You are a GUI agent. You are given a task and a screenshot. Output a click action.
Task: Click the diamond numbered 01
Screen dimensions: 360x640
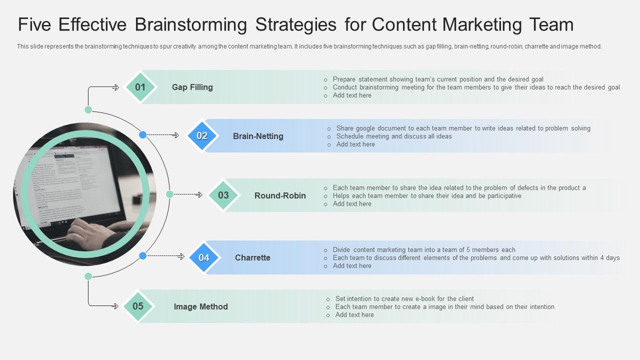pos(140,87)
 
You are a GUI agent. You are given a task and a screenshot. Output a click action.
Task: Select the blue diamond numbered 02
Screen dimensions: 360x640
pos(202,136)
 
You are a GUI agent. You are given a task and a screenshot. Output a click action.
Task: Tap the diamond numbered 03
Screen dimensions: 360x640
pos(223,195)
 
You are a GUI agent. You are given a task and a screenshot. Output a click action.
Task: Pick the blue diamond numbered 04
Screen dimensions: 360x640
pos(204,258)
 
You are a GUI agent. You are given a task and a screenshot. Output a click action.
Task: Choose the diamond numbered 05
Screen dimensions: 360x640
pos(138,306)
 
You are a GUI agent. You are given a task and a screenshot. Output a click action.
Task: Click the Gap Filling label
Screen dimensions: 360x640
pos(192,87)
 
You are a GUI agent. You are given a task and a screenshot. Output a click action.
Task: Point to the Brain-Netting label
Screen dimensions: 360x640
pos(258,136)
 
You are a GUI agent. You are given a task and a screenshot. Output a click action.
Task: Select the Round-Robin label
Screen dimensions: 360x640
pos(280,195)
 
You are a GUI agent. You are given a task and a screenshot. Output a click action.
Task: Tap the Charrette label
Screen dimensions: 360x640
pos(252,258)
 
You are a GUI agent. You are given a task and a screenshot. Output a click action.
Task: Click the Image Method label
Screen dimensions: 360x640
pos(200,307)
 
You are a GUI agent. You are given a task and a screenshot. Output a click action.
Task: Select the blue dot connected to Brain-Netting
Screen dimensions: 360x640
pos(142,135)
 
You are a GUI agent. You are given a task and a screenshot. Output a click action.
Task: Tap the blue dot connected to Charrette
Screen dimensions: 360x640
pos(142,256)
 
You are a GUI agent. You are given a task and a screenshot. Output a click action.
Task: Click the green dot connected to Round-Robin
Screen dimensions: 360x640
pos(169,194)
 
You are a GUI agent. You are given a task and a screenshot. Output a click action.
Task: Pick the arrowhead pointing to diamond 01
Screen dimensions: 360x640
pos(116,87)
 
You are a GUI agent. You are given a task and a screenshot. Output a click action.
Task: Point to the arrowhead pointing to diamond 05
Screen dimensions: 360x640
pos(115,306)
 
